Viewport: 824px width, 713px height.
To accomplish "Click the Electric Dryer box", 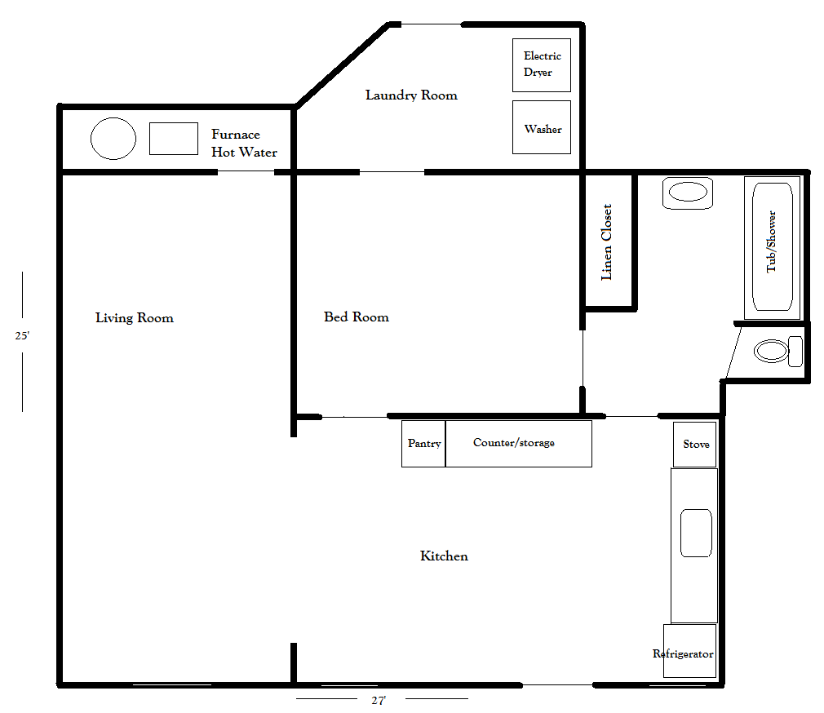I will coord(541,64).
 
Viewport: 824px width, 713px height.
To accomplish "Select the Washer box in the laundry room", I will coord(541,127).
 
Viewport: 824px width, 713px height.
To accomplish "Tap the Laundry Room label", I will coord(411,95).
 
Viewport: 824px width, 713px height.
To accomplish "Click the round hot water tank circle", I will coord(113,139).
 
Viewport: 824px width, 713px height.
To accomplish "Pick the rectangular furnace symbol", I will coord(173,139).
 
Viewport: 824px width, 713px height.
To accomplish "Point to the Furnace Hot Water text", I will coord(244,144).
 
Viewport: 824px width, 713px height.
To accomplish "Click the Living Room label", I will coord(135,318).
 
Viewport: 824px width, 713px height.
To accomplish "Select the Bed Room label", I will coord(357,317).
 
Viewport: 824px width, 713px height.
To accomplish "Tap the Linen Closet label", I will coord(607,242).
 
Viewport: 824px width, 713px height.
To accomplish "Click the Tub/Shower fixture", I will coord(772,247).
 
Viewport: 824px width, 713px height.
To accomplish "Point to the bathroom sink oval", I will coord(688,193).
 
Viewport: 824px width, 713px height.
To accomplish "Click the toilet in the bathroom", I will coord(777,352).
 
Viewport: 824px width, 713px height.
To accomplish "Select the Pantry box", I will coord(423,444).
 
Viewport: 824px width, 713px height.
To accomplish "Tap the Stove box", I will coord(695,445).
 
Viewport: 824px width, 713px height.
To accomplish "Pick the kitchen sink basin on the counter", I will coord(696,533).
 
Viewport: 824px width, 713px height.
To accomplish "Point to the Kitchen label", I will coord(444,556).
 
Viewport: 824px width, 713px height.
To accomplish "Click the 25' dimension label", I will coord(22,335).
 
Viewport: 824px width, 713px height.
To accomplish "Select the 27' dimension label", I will coord(378,700).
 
